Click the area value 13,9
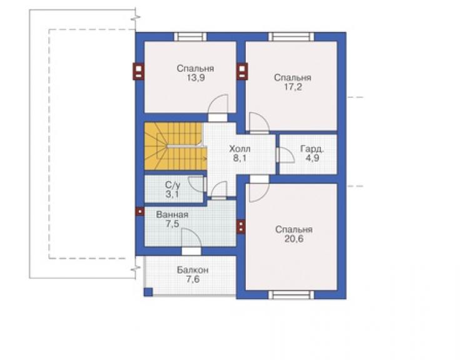click(196, 78)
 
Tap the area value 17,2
click(293, 87)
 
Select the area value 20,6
click(294, 239)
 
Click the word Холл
click(240, 148)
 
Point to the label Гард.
click(312, 148)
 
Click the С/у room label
click(173, 185)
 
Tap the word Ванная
click(172, 215)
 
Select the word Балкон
click(193, 270)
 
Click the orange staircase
click(175, 146)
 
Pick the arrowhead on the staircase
click(205, 158)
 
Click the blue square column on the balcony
click(148, 292)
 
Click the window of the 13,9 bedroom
click(190, 37)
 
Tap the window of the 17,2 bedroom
click(291, 37)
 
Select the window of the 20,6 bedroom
click(291, 295)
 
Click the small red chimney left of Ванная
click(140, 212)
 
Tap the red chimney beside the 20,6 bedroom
click(241, 227)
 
